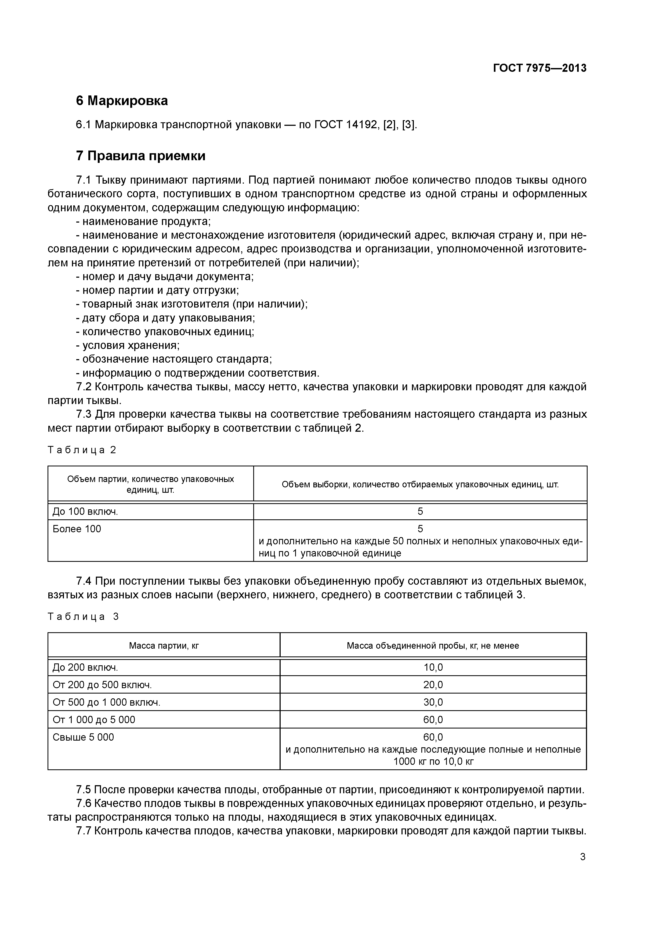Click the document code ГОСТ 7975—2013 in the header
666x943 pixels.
pyautogui.click(x=539, y=68)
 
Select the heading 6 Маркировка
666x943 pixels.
pyautogui.click(x=122, y=101)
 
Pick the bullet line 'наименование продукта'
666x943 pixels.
pyautogui.click(x=143, y=222)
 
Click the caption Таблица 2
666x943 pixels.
pyautogui.click(x=82, y=450)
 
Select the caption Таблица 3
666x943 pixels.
pyautogui.click(x=83, y=617)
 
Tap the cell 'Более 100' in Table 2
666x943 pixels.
pyautogui.click(x=77, y=529)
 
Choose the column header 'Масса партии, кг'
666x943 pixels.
pyautogui.click(x=164, y=646)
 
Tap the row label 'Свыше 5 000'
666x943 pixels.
pyautogui.click(x=83, y=738)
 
